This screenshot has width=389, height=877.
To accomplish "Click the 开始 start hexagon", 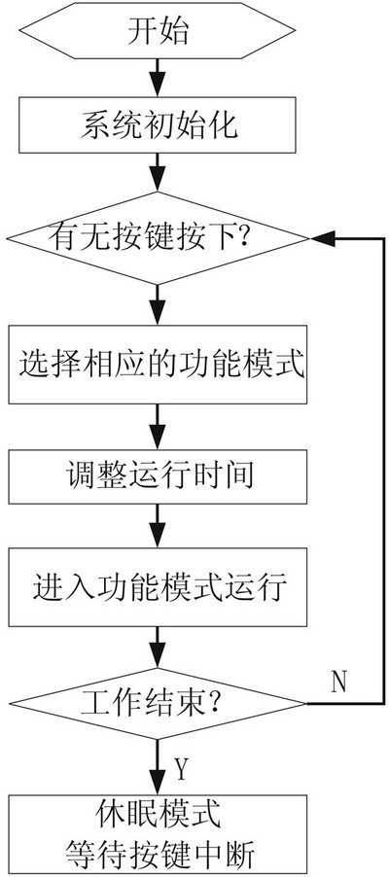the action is [x=158, y=32].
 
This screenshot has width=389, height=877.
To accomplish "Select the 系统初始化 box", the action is [x=158, y=124].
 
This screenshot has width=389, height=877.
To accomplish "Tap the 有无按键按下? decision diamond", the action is [x=158, y=238].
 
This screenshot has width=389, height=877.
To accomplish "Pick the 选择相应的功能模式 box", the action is [x=158, y=364].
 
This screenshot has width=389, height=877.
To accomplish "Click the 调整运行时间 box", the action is [x=158, y=477].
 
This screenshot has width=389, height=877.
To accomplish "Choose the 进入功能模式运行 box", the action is [x=158, y=587].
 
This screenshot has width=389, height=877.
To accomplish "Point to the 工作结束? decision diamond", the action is [x=158, y=703].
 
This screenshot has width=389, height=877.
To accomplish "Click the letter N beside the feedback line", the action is [x=339, y=681].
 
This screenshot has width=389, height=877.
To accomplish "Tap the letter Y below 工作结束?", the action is [x=180, y=769].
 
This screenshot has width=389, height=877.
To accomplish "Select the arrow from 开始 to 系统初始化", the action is [x=158, y=77].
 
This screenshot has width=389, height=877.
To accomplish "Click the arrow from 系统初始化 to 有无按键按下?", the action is [x=158, y=172].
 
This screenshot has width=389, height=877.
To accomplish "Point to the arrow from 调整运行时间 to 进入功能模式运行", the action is [x=158, y=526].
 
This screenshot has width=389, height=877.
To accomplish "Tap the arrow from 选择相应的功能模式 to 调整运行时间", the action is [x=158, y=427].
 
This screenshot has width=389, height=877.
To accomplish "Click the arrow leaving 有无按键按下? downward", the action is [x=158, y=305].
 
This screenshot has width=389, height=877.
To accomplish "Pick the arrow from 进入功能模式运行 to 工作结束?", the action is [x=158, y=648].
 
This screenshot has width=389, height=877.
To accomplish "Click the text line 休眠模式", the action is [x=158, y=816].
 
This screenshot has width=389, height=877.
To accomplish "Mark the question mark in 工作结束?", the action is [x=212, y=704].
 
